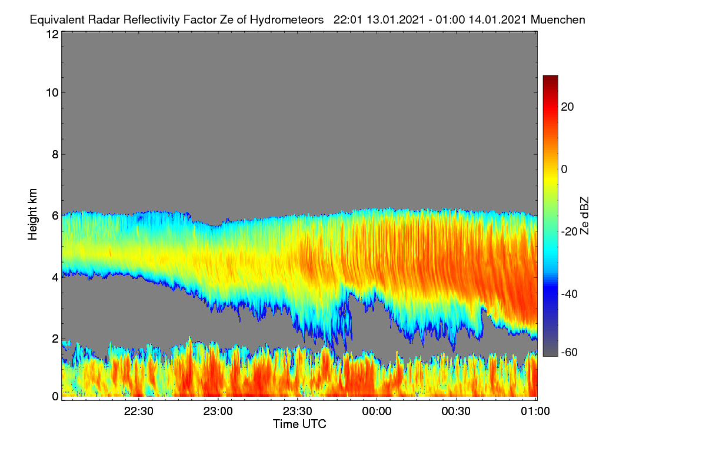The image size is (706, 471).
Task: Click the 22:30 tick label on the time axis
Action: pyautogui.click(x=138, y=412)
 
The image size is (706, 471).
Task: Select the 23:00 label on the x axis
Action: pyautogui.click(x=218, y=412)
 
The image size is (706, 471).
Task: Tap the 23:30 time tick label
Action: pyautogui.click(x=297, y=412)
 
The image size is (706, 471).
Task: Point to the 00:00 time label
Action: pyautogui.click(x=377, y=412)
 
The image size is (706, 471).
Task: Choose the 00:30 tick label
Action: pyautogui.click(x=456, y=412)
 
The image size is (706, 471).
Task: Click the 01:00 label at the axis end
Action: pyautogui.click(x=535, y=412)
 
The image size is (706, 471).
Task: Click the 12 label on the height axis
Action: pyautogui.click(x=52, y=34)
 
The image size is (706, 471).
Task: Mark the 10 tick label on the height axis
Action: pyautogui.click(x=52, y=93)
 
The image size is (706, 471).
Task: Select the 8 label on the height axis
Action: pyautogui.click(x=55, y=155)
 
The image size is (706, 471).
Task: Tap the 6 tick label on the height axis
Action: pyautogui.click(x=55, y=216)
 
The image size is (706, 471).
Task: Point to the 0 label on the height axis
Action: pyautogui.click(x=55, y=397)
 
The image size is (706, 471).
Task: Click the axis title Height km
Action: pyautogui.click(x=32, y=214)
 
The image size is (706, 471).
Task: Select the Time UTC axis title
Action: pyautogui.click(x=299, y=424)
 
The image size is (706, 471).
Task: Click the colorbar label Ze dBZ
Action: pyautogui.click(x=584, y=216)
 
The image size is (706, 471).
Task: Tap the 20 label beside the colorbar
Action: pyautogui.click(x=567, y=107)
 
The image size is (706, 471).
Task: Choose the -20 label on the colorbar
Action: pyautogui.click(x=570, y=232)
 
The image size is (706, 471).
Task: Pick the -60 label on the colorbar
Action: pyautogui.click(x=570, y=353)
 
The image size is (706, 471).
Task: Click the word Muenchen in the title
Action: pyautogui.click(x=558, y=20)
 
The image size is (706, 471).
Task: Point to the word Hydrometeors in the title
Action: pyautogui.click(x=287, y=20)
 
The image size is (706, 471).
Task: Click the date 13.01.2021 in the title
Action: pyautogui.click(x=396, y=20)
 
